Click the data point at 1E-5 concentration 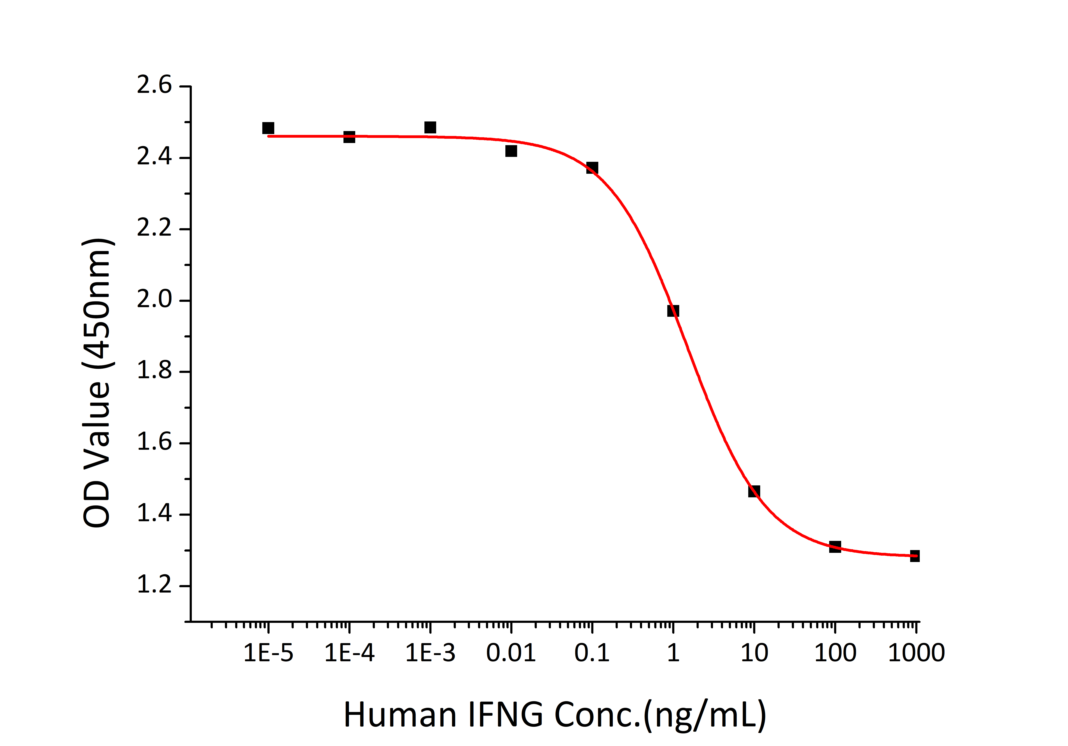click(x=268, y=128)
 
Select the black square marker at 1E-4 click(x=349, y=137)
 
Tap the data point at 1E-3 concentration click(x=430, y=127)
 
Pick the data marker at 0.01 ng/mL click(x=511, y=151)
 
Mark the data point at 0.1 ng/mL click(x=592, y=168)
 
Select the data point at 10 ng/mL click(x=754, y=491)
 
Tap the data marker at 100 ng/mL click(x=835, y=547)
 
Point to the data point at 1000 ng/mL click(x=914, y=556)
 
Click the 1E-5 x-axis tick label click(x=268, y=653)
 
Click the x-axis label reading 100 click(x=835, y=653)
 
